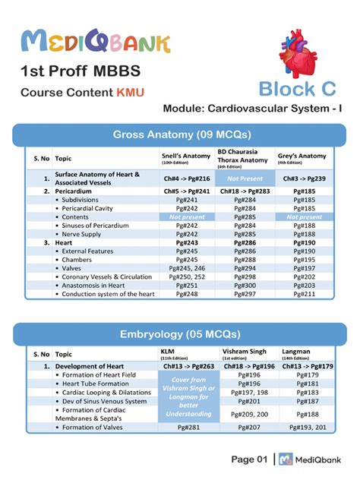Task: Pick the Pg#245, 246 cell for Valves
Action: [186, 268]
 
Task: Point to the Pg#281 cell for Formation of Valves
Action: [186, 428]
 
